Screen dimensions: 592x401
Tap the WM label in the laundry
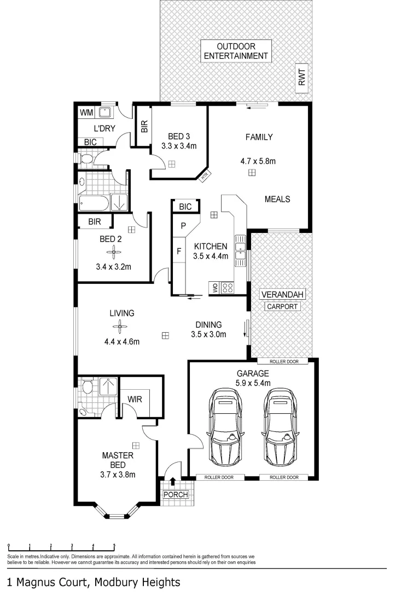click(x=86, y=112)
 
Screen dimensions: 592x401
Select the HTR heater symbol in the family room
click(x=205, y=176)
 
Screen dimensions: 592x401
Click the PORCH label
click(x=176, y=494)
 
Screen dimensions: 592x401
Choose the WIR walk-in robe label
click(x=135, y=400)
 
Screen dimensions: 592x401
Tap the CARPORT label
click(x=282, y=306)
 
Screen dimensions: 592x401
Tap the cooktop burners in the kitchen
click(x=229, y=287)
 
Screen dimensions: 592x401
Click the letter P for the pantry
click(x=184, y=226)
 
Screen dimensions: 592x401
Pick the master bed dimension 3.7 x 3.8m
click(x=118, y=475)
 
